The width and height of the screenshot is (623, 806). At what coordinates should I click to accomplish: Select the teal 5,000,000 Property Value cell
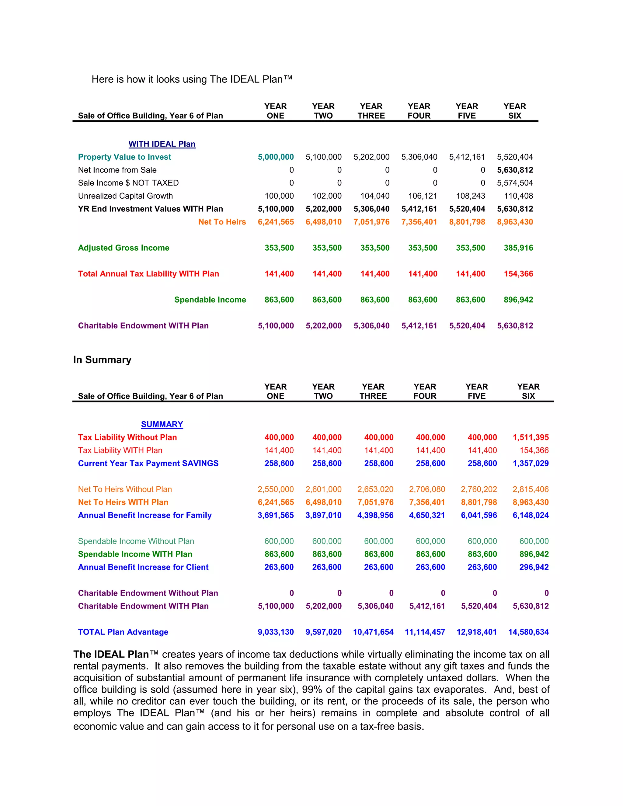(276, 157)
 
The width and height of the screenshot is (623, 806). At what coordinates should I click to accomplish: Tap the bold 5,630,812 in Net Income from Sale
(515, 170)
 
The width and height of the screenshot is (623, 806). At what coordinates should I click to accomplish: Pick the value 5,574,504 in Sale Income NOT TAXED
(515, 183)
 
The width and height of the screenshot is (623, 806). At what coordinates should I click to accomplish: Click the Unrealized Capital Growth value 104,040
(375, 196)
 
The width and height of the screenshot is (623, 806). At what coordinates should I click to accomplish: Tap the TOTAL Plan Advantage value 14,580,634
(528, 632)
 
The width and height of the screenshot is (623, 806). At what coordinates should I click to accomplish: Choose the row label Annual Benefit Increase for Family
(145, 515)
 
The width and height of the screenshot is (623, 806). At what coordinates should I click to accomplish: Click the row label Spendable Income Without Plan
(136, 541)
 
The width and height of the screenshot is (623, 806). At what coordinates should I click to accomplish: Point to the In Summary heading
(102, 360)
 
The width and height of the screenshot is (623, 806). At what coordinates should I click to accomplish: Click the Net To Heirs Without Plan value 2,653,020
(375, 489)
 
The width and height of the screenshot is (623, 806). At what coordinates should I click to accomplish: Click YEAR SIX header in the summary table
(528, 391)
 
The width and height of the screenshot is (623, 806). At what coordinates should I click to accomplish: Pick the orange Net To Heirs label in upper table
(222, 222)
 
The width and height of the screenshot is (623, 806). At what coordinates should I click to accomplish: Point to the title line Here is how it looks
(192, 79)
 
